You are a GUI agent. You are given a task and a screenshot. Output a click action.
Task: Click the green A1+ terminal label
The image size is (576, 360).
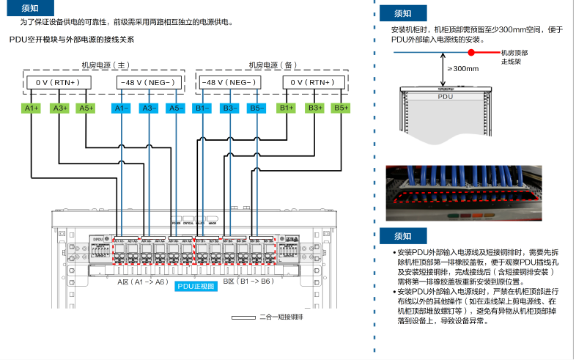pyautogui.click(x=32, y=109)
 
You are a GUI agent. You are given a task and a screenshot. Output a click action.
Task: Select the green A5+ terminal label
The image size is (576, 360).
pyautogui.click(x=86, y=109)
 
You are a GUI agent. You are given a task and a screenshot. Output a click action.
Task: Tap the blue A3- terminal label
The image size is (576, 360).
pyautogui.click(x=149, y=109)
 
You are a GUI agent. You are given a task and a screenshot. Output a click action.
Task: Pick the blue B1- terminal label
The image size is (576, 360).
pyautogui.click(x=202, y=109)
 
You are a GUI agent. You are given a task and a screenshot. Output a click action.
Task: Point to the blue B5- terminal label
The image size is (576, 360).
pyautogui.click(x=256, y=109)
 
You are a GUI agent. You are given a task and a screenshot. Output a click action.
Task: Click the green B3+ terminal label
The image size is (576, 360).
pyautogui.click(x=314, y=109)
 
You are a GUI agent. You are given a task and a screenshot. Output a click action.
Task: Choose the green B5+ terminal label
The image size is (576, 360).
pyautogui.click(x=341, y=109)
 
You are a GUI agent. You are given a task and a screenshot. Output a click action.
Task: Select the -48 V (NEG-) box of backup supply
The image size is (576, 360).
pyautogui.click(x=228, y=82)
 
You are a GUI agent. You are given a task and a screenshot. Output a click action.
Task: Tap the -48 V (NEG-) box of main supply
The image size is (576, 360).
pyautogui.click(x=148, y=82)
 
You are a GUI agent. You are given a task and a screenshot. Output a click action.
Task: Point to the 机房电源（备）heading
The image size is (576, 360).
pyautogui.click(x=272, y=65)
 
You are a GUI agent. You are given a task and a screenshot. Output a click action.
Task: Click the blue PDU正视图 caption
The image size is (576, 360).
pyautogui.click(x=196, y=287)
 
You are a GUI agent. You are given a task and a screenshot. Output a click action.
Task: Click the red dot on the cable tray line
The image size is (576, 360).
pyautogui.click(x=472, y=53)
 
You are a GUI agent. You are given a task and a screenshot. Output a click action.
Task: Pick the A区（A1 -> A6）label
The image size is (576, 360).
pyautogui.click(x=143, y=281)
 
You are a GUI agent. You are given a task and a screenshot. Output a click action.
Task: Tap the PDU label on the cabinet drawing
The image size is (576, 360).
pyautogui.click(x=445, y=96)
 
